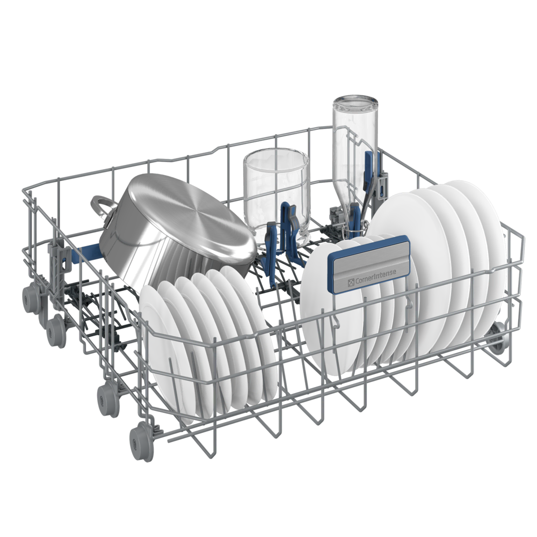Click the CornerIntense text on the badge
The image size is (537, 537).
tap(376, 275)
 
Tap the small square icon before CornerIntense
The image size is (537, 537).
tap(351, 283)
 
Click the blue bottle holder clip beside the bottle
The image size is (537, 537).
tap(369, 168)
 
